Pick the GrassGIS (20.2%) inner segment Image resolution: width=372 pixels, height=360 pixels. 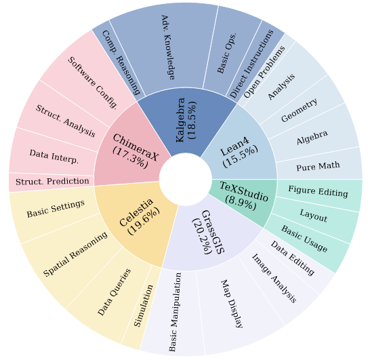[209, 235]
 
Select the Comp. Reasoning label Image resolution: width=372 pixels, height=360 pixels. [121, 63]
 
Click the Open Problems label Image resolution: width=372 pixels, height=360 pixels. [264, 72]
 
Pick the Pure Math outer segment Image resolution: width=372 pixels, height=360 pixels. [319, 165]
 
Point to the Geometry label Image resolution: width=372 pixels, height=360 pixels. [299, 110]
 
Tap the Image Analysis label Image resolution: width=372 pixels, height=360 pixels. [274, 279]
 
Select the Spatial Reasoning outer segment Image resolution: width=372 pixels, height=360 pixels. [71, 259]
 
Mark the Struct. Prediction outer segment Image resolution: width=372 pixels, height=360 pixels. [51, 182]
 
